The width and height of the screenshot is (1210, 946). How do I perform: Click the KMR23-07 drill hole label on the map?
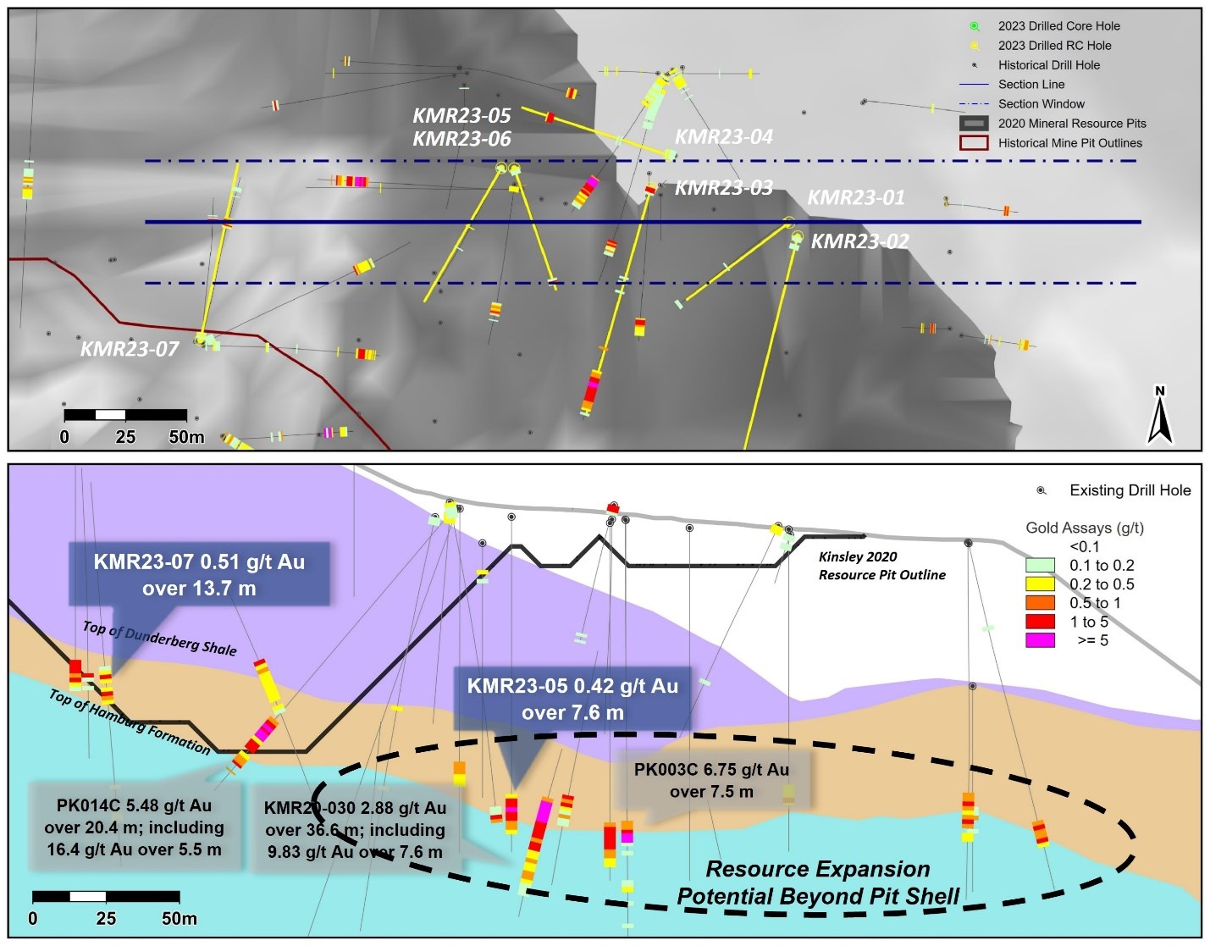coord(130,349)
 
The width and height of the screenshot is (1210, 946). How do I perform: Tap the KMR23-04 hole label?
coord(724,137)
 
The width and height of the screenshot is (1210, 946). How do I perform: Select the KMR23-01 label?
coord(856,197)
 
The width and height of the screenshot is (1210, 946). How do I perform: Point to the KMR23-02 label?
coord(859,241)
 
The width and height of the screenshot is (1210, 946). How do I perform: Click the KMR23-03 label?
coord(724,188)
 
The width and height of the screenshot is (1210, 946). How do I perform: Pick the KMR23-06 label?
coord(461,139)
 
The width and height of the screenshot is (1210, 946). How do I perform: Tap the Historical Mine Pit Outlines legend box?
coord(974,143)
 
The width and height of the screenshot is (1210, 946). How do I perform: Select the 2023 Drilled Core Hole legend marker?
coord(975,26)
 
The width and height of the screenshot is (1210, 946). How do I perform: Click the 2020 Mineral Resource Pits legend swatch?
coord(974,123)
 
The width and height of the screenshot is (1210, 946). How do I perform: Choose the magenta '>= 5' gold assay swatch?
coord(1040,640)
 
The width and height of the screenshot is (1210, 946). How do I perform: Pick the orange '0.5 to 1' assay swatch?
coord(1040,602)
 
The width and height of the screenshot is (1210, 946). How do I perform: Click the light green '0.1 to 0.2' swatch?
coord(1040,565)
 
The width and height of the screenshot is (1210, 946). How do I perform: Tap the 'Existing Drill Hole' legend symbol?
coord(1041,490)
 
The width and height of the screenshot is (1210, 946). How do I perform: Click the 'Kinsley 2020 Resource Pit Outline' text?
coord(881,566)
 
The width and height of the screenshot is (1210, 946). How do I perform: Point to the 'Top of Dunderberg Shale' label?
coord(160,638)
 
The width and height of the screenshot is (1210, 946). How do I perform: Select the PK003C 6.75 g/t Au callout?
coord(711,781)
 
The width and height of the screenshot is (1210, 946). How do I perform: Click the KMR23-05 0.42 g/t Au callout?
coord(572,699)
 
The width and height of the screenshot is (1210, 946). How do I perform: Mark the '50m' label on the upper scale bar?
coord(186,437)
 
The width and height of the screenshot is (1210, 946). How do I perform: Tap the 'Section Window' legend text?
coord(1041,104)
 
